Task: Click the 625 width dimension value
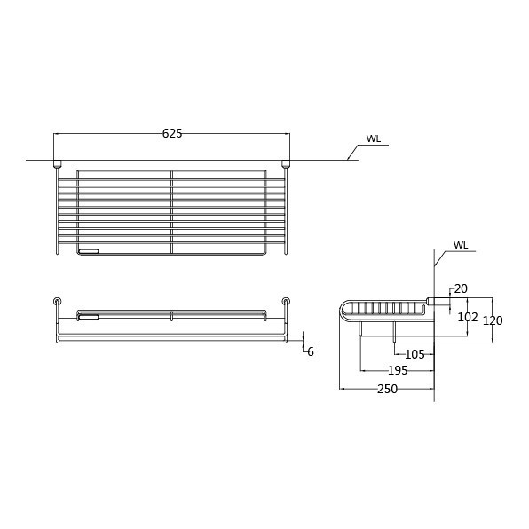click(x=172, y=134)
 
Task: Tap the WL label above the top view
click(x=374, y=138)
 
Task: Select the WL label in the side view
click(x=461, y=245)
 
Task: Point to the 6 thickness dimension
click(x=311, y=351)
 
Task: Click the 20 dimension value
click(x=461, y=288)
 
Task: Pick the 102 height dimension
click(x=468, y=317)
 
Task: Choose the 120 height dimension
click(x=493, y=320)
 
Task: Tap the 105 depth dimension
click(x=415, y=354)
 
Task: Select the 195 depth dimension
click(x=398, y=370)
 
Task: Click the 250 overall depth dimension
click(x=387, y=389)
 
